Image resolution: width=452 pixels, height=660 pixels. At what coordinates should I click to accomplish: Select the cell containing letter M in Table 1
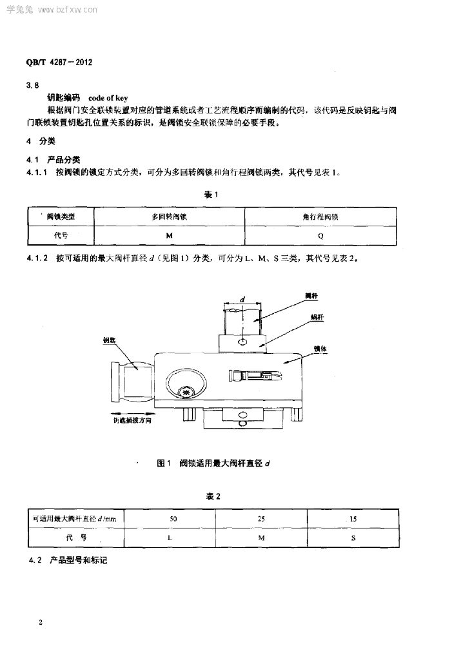pyautogui.click(x=169, y=236)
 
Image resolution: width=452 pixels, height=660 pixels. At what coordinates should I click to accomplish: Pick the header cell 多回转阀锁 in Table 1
pyautogui.click(x=169, y=217)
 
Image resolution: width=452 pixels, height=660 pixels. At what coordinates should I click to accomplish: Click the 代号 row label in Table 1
pyautogui.click(x=61, y=236)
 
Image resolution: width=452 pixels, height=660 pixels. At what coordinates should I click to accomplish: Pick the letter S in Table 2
pyautogui.click(x=353, y=536)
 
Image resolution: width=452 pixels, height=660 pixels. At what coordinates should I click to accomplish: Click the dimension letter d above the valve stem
pyautogui.click(x=242, y=299)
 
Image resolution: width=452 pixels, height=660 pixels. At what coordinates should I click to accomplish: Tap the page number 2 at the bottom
pyautogui.click(x=41, y=623)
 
